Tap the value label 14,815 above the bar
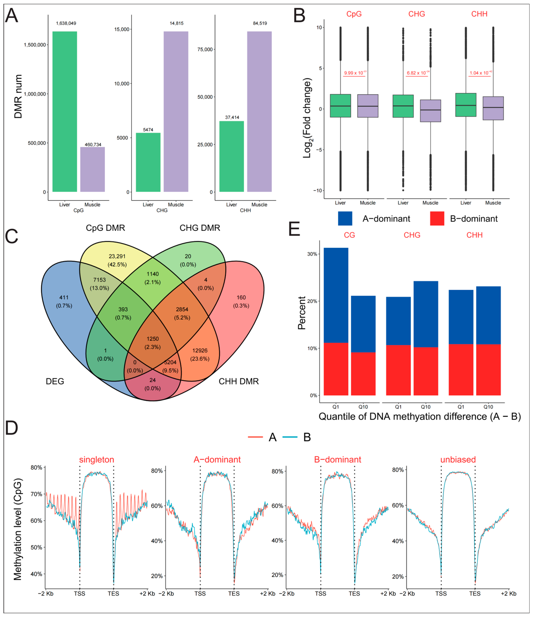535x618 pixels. tap(176, 23)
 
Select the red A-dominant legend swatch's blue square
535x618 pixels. tap(345, 219)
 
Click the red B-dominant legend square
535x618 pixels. tap(437, 219)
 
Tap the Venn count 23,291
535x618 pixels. tap(117, 256)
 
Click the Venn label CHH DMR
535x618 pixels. tap(239, 381)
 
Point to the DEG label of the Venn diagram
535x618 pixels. tap(55, 381)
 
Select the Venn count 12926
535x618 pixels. tap(200, 351)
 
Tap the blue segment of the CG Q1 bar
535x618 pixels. tap(336, 295)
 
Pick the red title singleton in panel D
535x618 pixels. tap(97, 460)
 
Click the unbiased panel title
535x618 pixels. tap(458, 460)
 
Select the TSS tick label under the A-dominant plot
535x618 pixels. tap(200, 593)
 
